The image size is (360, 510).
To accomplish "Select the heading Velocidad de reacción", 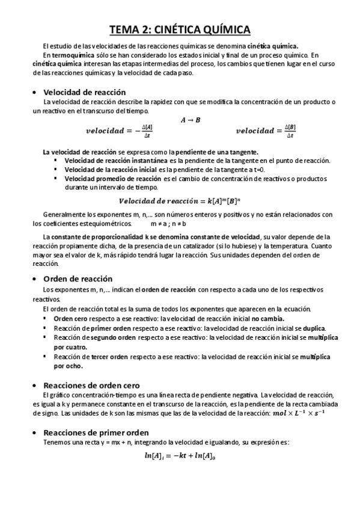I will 84,92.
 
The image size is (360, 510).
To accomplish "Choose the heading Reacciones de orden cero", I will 91,385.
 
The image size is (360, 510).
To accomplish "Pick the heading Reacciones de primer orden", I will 96,432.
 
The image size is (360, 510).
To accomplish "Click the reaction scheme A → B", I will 191,120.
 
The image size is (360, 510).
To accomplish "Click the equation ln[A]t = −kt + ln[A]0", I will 180,456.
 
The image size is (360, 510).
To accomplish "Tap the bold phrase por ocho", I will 68,365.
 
